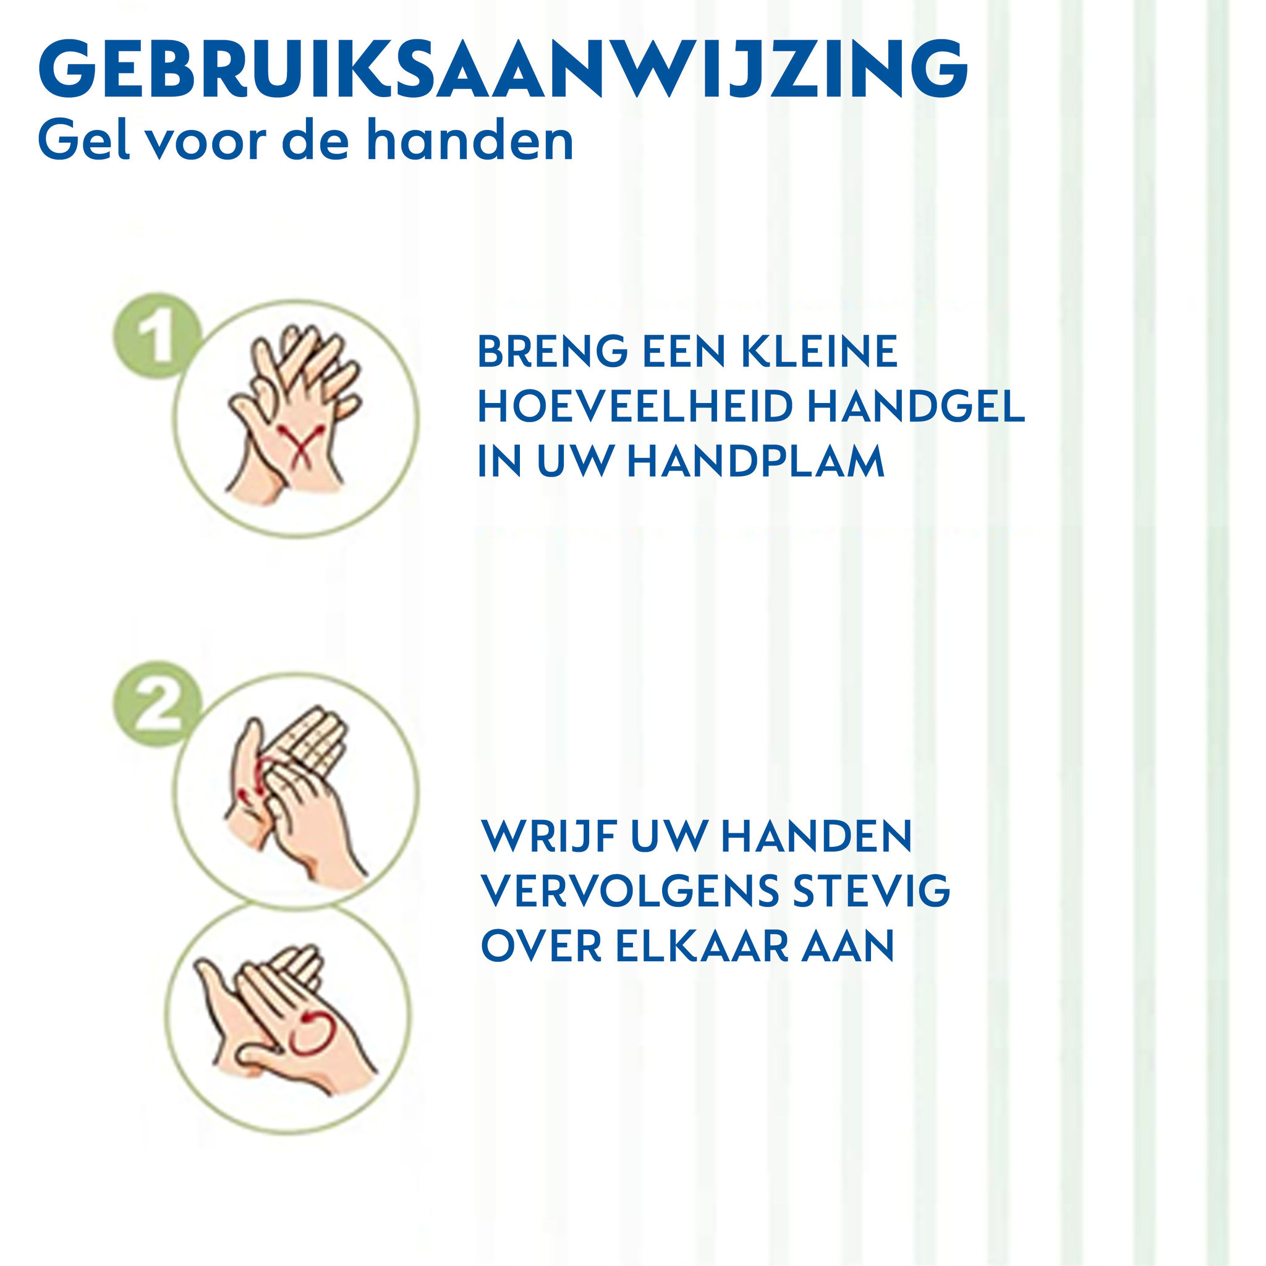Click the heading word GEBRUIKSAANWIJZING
click(503, 69)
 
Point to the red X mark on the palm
click(302, 444)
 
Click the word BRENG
click(553, 352)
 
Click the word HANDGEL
click(916, 407)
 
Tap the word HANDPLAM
click(755, 461)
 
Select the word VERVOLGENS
click(631, 891)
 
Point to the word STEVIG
click(872, 891)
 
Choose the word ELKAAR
click(701, 946)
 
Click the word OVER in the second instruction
click(542, 946)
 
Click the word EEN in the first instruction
click(684, 352)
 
